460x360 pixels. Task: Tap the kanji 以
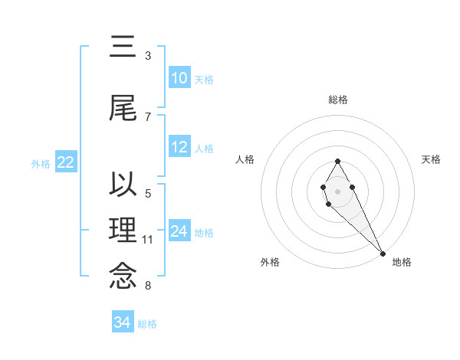pos(123,186)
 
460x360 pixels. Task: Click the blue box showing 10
pos(179,78)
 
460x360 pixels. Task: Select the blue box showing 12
pos(179,147)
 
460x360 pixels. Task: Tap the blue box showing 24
pos(179,231)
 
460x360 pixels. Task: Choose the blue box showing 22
pos(66,162)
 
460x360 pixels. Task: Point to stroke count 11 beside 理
pos(148,240)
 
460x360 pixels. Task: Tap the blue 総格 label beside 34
pos(147,324)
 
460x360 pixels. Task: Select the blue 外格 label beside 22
pos(41,163)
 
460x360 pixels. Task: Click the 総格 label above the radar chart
pos(338,100)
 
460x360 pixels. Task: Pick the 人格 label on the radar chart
pos(245,159)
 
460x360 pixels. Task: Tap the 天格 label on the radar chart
pos(431,159)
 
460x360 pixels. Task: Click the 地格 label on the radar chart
pos(402,262)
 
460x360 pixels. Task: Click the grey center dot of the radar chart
pos(337,190)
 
